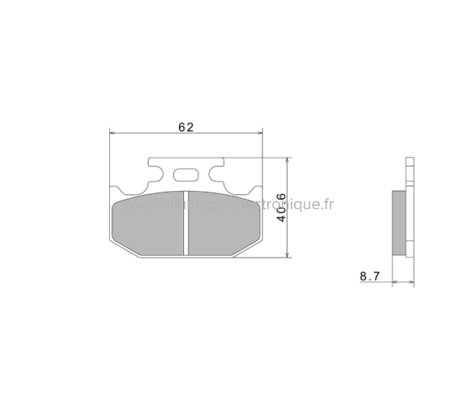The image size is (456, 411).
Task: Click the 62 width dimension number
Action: click(185, 126)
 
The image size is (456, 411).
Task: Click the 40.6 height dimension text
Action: click(279, 208)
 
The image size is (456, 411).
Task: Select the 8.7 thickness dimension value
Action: click(370, 278)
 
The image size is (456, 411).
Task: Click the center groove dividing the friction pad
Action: click(186, 224)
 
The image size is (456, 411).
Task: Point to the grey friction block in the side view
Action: click(398, 221)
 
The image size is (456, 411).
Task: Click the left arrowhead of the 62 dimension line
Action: click(113, 133)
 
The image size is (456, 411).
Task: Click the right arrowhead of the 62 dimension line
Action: click(260, 133)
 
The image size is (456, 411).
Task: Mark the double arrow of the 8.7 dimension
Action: click(403, 282)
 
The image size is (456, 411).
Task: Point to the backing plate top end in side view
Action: click(410, 162)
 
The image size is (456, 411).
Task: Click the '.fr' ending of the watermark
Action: click(327, 206)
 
